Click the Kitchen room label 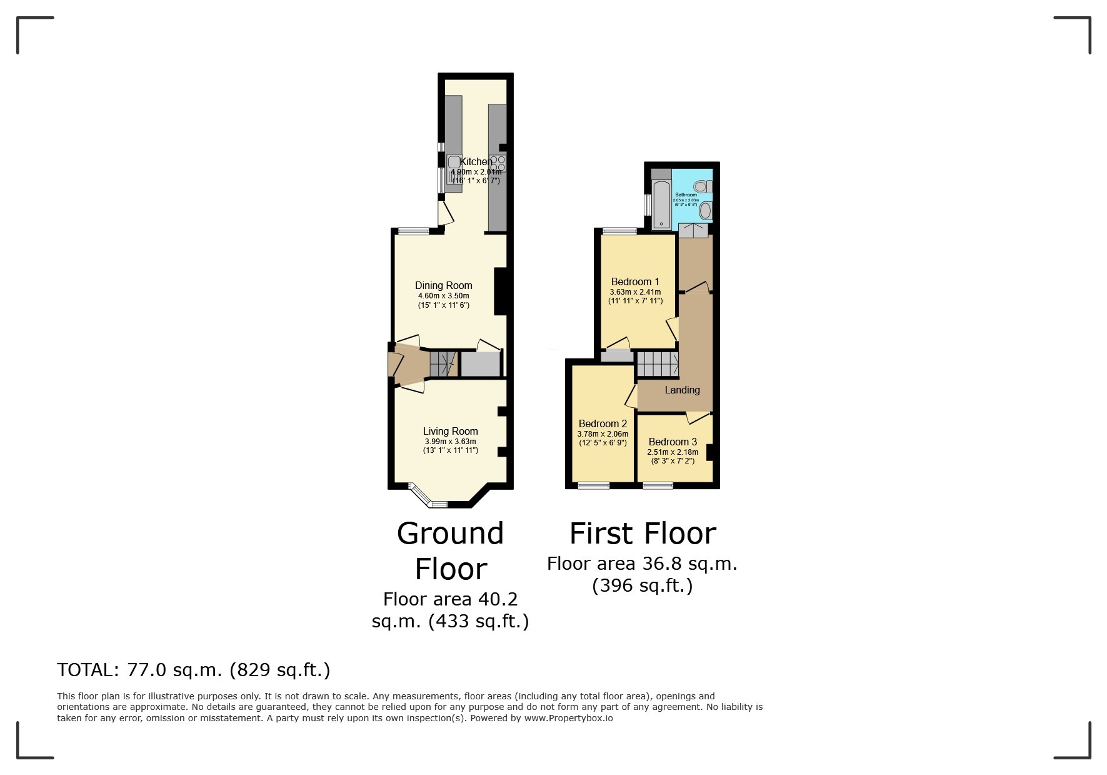click(476, 162)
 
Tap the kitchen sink click(454, 163)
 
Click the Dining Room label click(443, 285)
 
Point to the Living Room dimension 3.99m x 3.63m click(450, 442)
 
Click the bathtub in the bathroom click(661, 204)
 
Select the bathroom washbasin click(705, 211)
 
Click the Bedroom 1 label click(634, 281)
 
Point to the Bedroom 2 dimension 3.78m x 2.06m click(603, 434)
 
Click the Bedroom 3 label click(673, 442)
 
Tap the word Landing click(682, 390)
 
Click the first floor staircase click(658, 364)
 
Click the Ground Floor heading click(450, 550)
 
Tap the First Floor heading click(643, 534)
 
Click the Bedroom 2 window click(593, 485)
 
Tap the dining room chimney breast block click(500, 291)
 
